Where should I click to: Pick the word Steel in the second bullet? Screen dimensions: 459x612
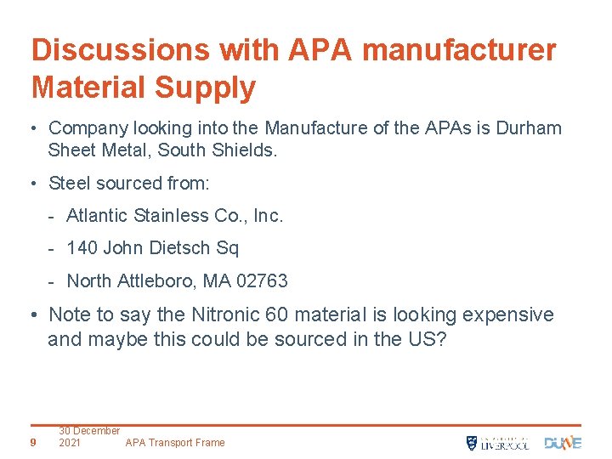(72, 183)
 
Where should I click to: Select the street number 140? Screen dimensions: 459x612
(82, 248)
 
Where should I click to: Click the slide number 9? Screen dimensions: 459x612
(32, 442)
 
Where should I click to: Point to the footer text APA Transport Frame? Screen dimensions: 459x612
(175, 443)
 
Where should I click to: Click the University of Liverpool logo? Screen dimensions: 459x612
(497, 442)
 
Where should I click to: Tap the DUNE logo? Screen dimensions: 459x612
(563, 442)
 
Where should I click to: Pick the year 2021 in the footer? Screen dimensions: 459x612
(71, 443)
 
